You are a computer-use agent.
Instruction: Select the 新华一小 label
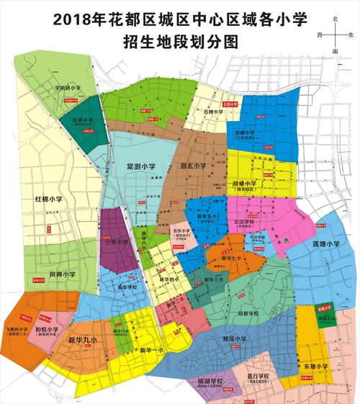point(150,349)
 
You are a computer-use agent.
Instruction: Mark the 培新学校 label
point(247,313)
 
